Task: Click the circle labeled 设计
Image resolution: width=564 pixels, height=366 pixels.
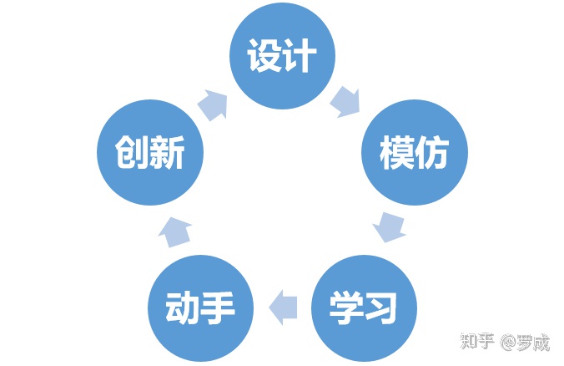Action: (x=282, y=56)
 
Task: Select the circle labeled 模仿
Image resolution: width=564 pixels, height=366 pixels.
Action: (x=414, y=153)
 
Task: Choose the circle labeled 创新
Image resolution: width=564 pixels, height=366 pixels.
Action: (x=149, y=153)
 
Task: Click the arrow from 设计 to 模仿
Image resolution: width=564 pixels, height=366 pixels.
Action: (x=345, y=102)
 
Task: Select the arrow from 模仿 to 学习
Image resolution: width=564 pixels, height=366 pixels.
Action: (x=390, y=226)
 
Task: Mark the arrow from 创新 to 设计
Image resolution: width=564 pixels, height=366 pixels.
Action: (x=213, y=104)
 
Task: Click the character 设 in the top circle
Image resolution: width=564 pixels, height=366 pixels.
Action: (x=264, y=57)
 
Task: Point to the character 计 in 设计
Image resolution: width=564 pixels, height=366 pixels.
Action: (x=300, y=57)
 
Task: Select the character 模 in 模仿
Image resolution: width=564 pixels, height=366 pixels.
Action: (x=396, y=154)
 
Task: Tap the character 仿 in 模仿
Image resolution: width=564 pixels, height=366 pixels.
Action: (x=432, y=154)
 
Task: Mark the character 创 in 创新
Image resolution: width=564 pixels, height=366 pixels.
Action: (x=132, y=154)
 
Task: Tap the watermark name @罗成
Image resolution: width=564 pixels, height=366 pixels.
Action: (x=526, y=342)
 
